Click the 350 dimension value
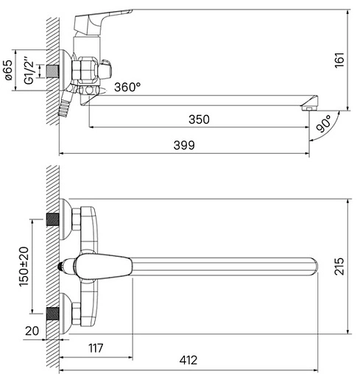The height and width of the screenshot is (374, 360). coord(199,119)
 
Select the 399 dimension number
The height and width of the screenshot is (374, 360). coord(184,145)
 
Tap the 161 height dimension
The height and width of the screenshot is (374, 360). coord(339,60)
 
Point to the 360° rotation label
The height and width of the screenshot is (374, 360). coord(127,87)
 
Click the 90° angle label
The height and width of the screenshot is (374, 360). coord(323,124)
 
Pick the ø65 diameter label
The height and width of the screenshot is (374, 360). coord(9,70)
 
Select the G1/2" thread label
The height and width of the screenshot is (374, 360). coord(29,71)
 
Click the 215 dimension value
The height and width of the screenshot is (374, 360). coord(339,267)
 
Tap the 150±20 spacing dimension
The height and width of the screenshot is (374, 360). coord(24,267)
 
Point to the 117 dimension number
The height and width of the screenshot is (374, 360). coord(96,348)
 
